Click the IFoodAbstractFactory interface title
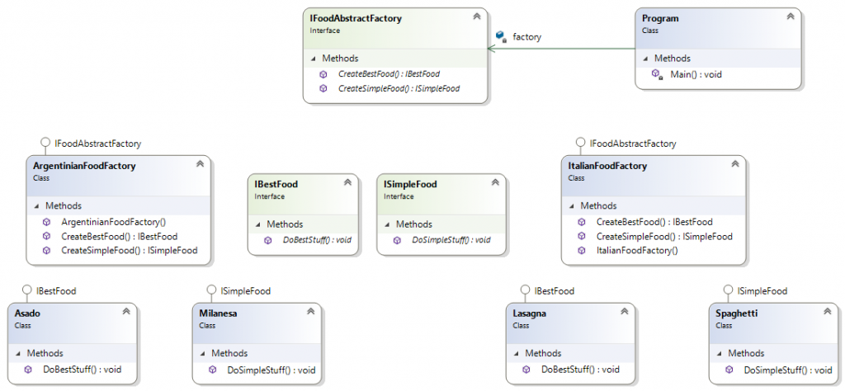click(x=356, y=18)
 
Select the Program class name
click(x=660, y=18)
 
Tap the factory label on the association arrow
click(x=526, y=37)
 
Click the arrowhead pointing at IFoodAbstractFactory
click(x=491, y=49)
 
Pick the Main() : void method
click(x=696, y=74)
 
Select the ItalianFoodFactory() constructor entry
click(x=637, y=251)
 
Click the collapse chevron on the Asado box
click(x=126, y=311)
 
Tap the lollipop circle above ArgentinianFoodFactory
click(x=46, y=143)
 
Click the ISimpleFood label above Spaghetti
click(x=762, y=291)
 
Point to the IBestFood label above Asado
click(x=56, y=291)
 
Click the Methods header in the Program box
click(x=672, y=59)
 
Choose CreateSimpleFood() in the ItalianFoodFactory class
click(x=664, y=236)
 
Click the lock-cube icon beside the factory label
click(x=501, y=36)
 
